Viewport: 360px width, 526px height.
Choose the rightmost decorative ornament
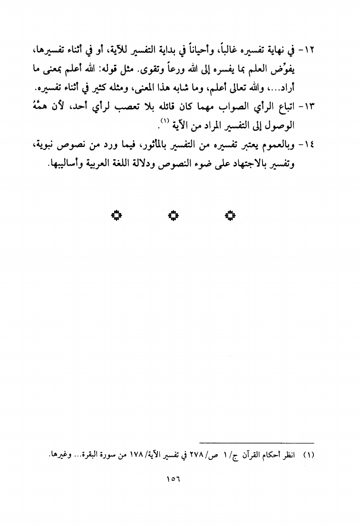tap(230, 215)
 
